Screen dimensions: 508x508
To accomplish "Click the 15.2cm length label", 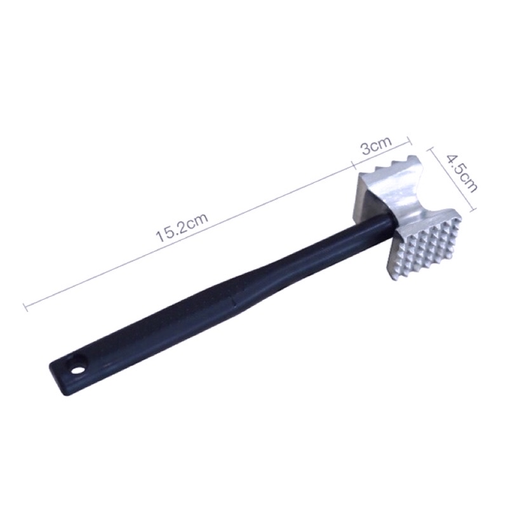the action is coord(182,227).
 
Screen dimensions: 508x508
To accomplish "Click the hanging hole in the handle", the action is coord(77,369).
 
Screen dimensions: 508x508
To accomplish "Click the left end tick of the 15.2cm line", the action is coord(25,307).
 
